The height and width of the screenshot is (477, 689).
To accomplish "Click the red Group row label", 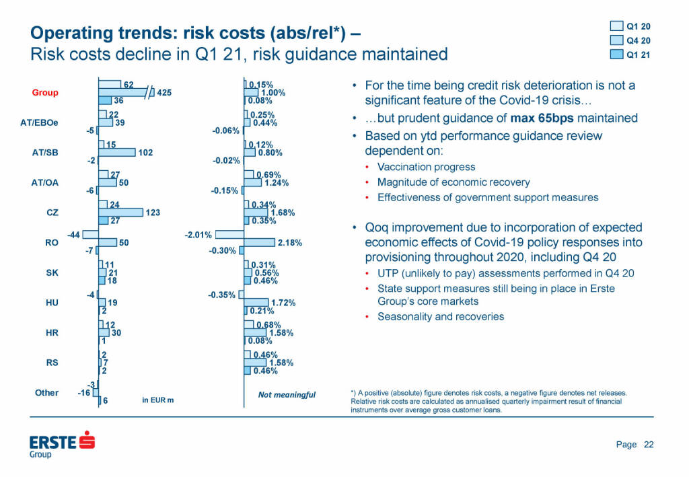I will tap(45, 93).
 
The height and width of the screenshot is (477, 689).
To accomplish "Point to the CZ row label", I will tap(51, 213).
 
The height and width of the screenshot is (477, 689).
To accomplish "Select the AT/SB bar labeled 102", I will tap(116, 153).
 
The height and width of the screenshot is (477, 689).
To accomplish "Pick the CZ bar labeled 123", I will tap(120, 213).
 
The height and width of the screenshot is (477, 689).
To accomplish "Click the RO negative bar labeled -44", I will tap(90, 235).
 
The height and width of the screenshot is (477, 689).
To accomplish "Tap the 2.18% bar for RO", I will tap(259, 242).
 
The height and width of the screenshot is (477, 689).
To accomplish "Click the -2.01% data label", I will tap(198, 235).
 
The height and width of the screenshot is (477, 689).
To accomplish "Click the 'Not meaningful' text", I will tap(287, 395).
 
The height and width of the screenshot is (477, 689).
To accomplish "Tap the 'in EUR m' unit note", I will tap(158, 400).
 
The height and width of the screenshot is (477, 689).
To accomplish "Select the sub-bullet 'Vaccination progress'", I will tap(426, 167).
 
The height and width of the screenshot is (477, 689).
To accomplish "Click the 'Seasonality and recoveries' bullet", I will tap(440, 316).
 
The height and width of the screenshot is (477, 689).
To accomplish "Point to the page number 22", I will tap(649, 444).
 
